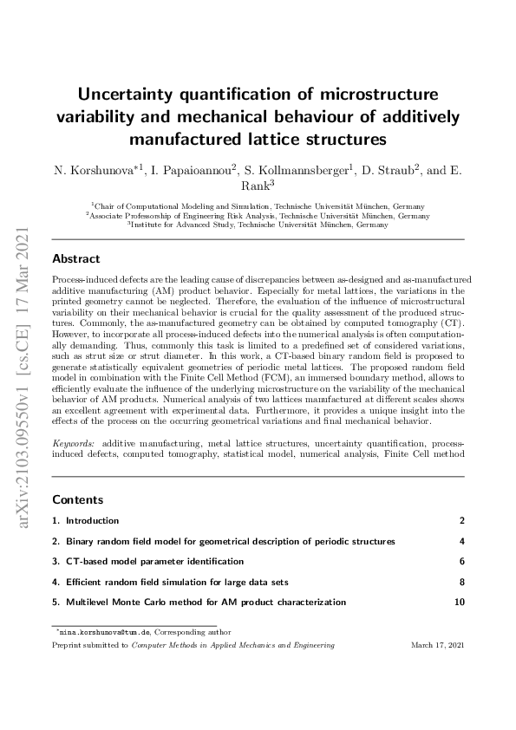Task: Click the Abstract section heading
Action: coord(76,258)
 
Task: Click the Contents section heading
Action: coord(78,500)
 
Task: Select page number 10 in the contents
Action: coord(460,602)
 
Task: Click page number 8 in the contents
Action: coord(462,582)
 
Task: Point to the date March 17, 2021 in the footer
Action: coord(437,646)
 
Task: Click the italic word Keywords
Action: coord(74,443)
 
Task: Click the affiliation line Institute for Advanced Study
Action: coord(258,225)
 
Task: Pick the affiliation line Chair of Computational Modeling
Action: coord(258,207)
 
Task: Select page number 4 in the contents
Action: coord(462,542)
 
